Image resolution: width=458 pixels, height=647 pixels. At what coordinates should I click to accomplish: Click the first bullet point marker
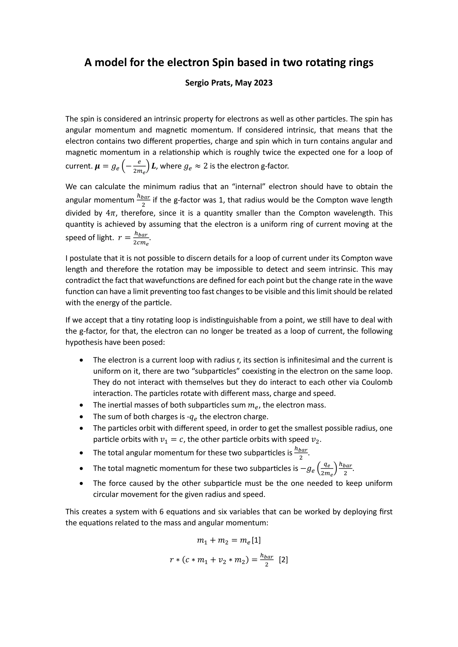pos(81,360)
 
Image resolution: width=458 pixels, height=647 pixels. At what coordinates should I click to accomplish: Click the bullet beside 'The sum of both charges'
pos(81,417)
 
